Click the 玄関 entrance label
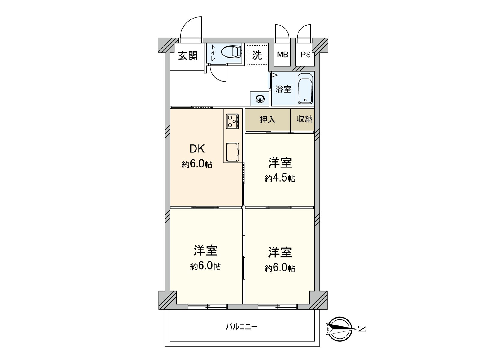188,56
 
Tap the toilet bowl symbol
232,52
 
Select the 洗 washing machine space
257,55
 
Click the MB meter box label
282,55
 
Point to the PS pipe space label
305,55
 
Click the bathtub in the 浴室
305,89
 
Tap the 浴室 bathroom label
283,89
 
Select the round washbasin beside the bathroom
260,98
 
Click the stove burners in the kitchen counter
232,121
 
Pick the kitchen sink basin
232,152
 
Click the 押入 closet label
267,119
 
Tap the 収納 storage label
304,119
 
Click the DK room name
197,149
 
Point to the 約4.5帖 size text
280,178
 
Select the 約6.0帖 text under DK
197,164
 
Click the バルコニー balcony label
241,326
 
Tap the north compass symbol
340,329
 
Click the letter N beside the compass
363,329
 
